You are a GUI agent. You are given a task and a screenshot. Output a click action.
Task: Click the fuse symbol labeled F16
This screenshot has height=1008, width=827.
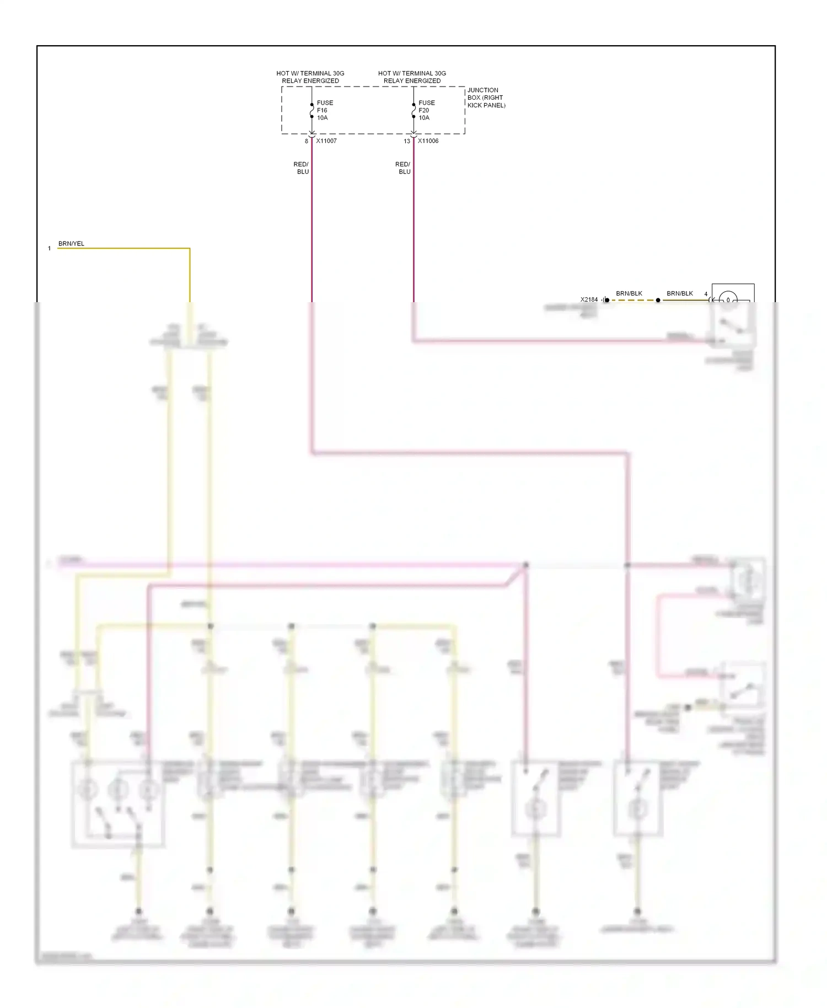(312, 110)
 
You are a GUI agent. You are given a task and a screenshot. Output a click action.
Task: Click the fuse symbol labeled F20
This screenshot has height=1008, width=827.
(413, 110)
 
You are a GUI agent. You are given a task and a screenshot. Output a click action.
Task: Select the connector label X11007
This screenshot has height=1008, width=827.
(326, 141)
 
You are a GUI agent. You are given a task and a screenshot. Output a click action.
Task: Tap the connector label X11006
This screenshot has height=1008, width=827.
(428, 141)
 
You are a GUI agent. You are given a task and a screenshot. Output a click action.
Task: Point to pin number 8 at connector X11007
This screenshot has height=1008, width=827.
(307, 142)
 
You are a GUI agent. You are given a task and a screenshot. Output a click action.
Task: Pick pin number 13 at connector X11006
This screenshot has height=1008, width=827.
(407, 142)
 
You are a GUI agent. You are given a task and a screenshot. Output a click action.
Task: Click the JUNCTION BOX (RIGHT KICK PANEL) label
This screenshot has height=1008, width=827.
(486, 98)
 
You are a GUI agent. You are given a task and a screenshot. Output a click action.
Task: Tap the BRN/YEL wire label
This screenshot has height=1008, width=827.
(71, 244)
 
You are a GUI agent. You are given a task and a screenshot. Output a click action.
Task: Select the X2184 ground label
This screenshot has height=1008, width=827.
(589, 300)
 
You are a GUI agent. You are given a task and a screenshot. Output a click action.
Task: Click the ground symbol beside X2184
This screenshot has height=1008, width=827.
(605, 300)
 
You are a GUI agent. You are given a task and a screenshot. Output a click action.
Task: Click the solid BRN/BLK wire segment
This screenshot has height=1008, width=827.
(684, 301)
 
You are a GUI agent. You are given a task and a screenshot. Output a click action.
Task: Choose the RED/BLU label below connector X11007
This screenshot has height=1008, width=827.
(301, 168)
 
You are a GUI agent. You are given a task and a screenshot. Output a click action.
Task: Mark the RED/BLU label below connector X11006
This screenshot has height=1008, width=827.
(403, 168)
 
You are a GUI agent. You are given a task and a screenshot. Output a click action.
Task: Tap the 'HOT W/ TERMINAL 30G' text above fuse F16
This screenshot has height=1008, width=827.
(310, 73)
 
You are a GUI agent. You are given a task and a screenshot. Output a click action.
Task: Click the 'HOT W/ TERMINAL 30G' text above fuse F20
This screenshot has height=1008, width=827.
(412, 73)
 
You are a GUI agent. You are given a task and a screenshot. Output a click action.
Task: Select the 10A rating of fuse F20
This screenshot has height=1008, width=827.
(424, 118)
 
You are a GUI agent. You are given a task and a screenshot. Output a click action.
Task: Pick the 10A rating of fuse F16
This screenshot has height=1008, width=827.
(323, 118)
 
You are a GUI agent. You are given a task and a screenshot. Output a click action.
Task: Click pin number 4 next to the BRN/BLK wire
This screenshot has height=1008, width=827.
(706, 294)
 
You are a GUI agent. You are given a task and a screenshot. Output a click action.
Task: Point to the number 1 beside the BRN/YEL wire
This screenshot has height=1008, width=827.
(50, 249)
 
